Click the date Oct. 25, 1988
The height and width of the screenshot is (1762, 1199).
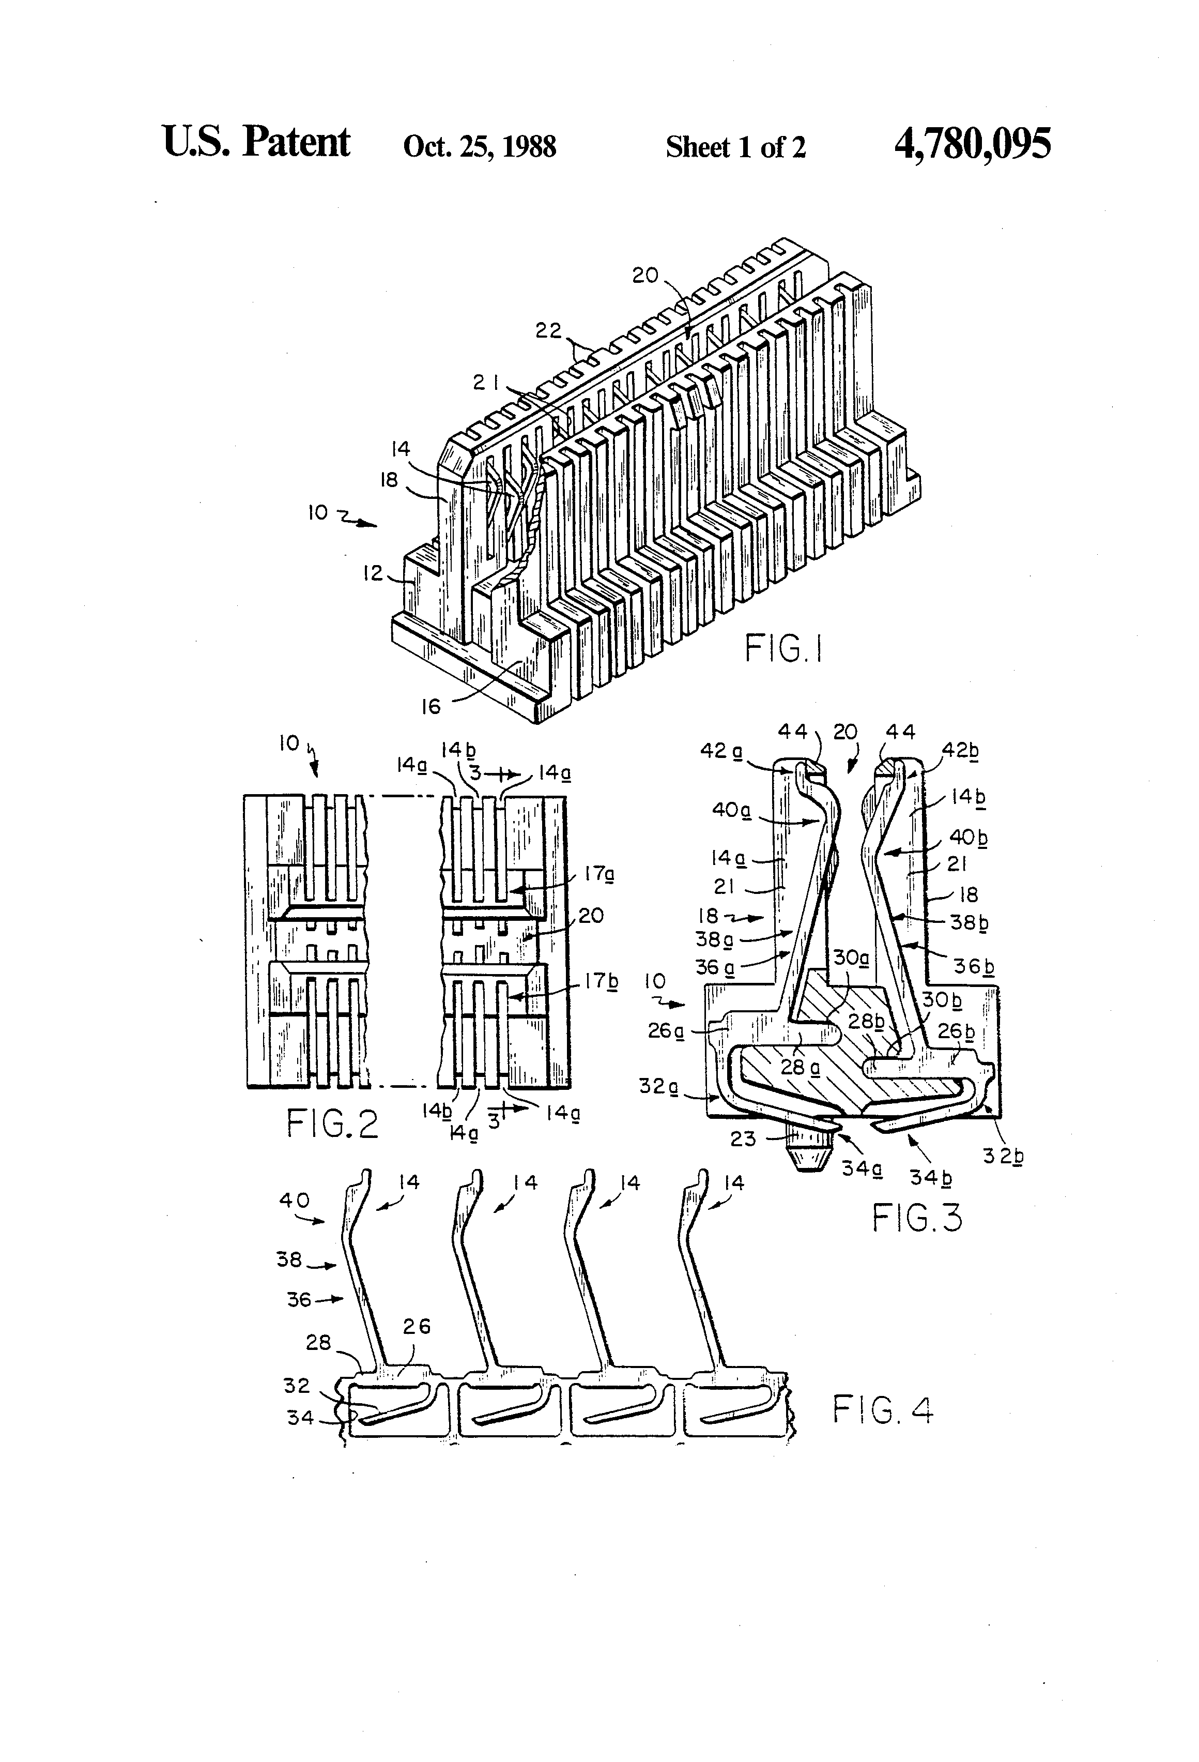480,146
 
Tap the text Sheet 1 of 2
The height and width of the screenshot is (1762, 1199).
735,147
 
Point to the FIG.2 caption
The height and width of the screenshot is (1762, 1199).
332,1125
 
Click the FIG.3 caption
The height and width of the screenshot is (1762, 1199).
917,1218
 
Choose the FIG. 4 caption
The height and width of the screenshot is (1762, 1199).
883,1411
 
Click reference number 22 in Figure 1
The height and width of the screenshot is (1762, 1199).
549,331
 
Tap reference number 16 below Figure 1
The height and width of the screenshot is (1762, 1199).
431,707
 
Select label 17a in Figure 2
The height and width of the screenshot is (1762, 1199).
599,874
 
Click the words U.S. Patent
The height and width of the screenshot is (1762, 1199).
256,143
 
